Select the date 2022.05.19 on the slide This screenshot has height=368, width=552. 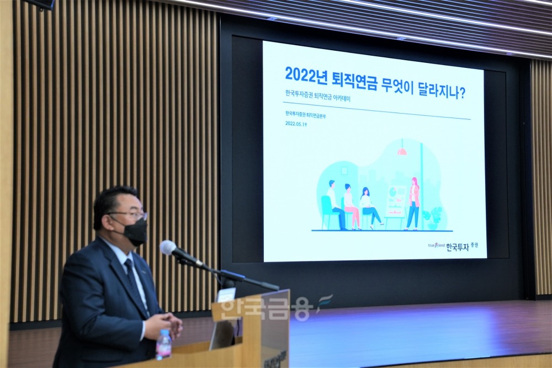(296, 124)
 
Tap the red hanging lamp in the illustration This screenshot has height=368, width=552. (402, 150)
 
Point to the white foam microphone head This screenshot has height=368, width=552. (168, 247)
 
